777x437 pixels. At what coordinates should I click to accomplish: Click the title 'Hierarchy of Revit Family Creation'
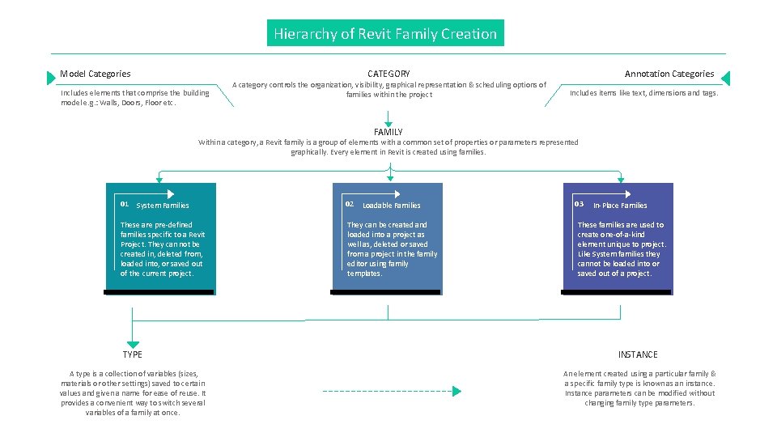click(385, 34)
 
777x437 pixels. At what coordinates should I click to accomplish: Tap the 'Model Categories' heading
click(95, 74)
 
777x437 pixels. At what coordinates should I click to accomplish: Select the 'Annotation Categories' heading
click(669, 74)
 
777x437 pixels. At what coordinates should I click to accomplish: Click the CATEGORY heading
click(388, 74)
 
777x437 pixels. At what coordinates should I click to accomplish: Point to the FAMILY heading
click(388, 132)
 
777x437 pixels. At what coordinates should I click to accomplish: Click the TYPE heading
click(133, 354)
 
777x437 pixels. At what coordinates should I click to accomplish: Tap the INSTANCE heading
click(638, 354)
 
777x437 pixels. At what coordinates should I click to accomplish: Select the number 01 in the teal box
click(125, 203)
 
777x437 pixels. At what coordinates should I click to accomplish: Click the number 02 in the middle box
click(350, 203)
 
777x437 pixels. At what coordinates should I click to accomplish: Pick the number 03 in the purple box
click(579, 203)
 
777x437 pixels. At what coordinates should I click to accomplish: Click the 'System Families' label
click(163, 206)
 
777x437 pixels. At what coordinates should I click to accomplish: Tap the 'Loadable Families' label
click(392, 206)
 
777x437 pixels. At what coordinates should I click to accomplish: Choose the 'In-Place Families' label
click(620, 206)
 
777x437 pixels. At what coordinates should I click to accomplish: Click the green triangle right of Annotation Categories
click(725, 78)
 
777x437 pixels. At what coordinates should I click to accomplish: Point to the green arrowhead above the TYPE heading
click(133, 344)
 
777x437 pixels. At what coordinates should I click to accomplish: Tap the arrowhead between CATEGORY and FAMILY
click(388, 123)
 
